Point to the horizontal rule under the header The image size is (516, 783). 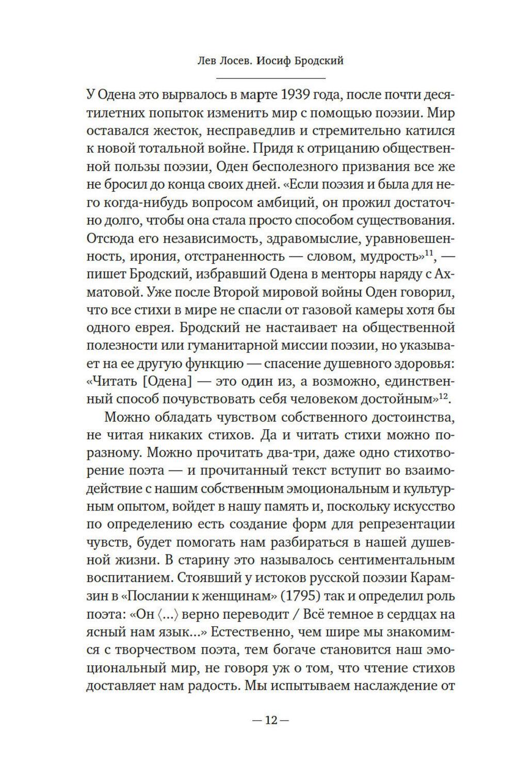click(270, 78)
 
